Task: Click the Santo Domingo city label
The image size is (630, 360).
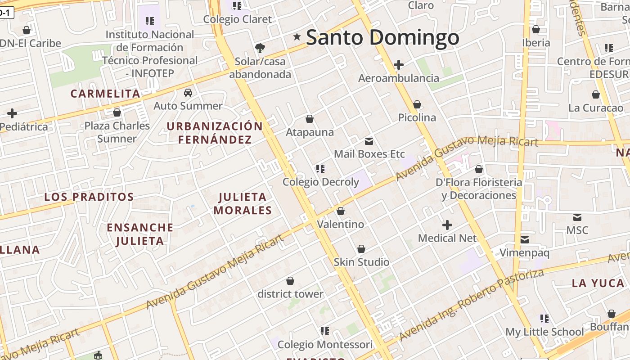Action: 382,38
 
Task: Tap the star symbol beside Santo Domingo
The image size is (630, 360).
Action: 297,37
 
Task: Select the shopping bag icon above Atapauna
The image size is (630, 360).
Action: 310,119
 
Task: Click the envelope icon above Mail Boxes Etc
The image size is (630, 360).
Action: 369,141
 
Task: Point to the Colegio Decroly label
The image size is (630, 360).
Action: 320,182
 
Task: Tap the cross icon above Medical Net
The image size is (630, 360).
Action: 447,225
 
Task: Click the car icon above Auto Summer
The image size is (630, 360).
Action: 188,93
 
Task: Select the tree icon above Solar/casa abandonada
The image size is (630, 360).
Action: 260,48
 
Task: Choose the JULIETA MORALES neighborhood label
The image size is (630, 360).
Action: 243,203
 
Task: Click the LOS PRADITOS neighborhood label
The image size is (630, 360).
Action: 89,197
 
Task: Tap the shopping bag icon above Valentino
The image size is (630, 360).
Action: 341,211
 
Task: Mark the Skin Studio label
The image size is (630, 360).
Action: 361,262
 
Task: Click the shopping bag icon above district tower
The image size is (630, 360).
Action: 290,281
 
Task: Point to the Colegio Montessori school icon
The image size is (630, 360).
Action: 324,331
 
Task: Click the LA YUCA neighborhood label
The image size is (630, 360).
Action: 598,283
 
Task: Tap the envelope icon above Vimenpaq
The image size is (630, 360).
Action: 525,239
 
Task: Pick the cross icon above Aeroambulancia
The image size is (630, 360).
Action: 398,65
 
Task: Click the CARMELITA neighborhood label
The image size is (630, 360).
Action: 105,94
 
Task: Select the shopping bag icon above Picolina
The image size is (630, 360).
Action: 417,104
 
